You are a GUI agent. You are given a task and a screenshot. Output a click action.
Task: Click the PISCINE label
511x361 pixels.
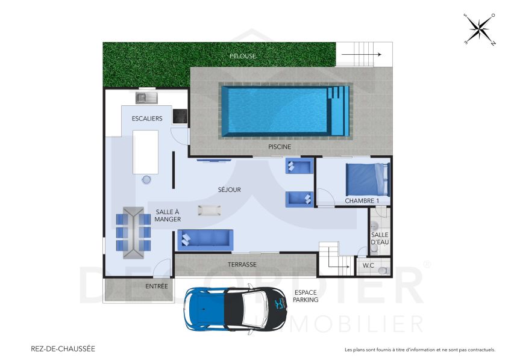279,147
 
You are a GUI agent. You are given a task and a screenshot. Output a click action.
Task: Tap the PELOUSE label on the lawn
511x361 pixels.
243,56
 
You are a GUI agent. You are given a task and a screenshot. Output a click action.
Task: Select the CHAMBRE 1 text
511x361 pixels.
362,200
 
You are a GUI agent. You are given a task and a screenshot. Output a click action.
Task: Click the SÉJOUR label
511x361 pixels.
229,190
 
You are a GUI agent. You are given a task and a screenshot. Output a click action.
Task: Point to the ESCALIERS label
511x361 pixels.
147,119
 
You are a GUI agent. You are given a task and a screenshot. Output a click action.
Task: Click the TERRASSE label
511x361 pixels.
242,265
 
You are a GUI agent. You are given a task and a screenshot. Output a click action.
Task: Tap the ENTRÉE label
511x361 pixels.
157,286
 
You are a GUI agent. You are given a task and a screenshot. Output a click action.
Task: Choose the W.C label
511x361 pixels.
368,265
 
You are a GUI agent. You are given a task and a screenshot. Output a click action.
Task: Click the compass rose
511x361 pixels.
480,29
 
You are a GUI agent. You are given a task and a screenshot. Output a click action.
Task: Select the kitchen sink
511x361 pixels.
146,96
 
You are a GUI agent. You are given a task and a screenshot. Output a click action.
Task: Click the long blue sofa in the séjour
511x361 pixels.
205,239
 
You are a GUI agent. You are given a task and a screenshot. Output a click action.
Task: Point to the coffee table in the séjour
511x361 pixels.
209,209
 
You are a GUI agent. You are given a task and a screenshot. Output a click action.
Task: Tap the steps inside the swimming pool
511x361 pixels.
340,110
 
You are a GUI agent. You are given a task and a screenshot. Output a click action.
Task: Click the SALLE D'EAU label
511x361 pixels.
380,238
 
